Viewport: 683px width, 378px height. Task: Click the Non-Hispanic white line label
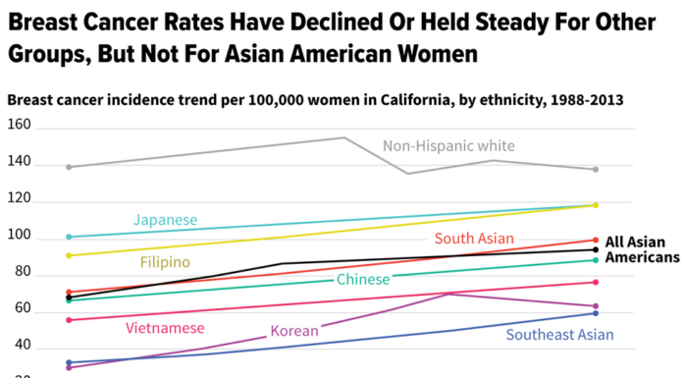point(448,147)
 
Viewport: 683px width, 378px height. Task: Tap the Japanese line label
point(166,220)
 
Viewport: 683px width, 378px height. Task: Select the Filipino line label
point(165,262)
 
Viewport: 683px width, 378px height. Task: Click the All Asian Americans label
point(642,249)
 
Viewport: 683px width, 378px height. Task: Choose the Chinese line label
point(363,281)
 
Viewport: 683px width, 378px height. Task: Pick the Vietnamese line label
point(165,327)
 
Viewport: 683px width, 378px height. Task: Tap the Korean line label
point(294,331)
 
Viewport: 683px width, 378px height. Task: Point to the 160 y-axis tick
point(19,128)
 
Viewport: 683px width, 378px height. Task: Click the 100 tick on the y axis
point(19,239)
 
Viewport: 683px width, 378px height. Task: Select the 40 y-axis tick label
point(19,349)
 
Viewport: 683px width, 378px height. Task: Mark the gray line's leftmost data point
point(68,167)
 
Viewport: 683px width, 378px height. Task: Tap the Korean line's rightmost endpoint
point(595,306)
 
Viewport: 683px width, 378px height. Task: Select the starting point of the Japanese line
point(68,237)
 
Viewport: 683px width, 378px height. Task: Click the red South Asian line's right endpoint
point(595,240)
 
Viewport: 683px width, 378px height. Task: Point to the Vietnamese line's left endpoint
point(68,320)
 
